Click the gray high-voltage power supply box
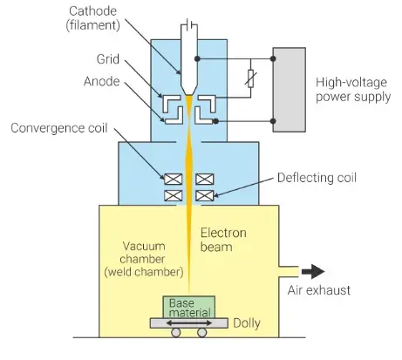pyautogui.click(x=289, y=90)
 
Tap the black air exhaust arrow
pyautogui.click(x=313, y=272)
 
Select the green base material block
pyautogui.click(x=189, y=307)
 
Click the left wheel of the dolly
pyautogui.click(x=176, y=332)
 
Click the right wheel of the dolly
pyautogui.click(x=201, y=332)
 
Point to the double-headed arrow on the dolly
pyautogui.click(x=189, y=323)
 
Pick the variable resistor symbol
pyautogui.click(x=250, y=78)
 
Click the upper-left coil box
pyautogui.click(x=174, y=179)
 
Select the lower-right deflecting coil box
pyautogui.click(x=205, y=195)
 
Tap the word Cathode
pyautogui.click(x=92, y=11)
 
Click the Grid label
pyautogui.click(x=108, y=59)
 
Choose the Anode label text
pyautogui.click(x=101, y=81)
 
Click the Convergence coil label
pyautogui.click(x=59, y=128)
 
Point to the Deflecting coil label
pyautogui.click(x=317, y=178)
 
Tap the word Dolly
pyautogui.click(x=247, y=323)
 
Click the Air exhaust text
pyautogui.click(x=319, y=290)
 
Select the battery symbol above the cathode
pyautogui.click(x=189, y=25)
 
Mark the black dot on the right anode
pyautogui.click(x=215, y=121)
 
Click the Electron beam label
pyautogui.click(x=223, y=240)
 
